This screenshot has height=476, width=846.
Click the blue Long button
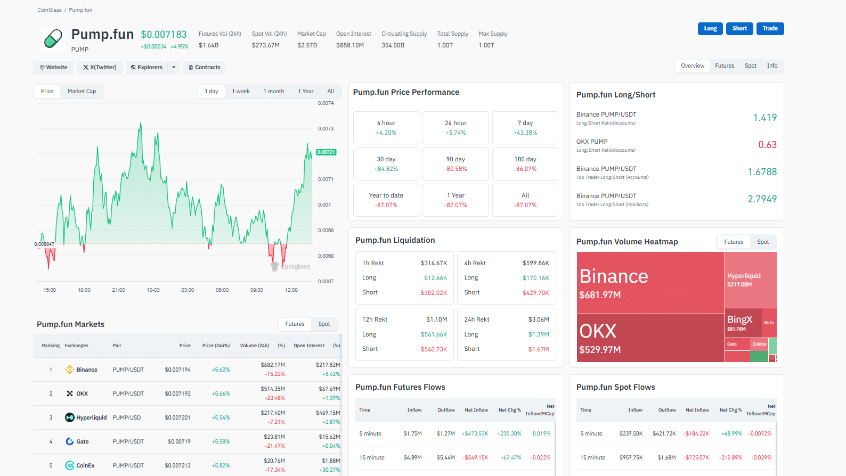point(710,29)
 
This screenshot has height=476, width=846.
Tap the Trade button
point(770,29)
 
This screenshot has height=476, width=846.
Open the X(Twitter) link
point(100,68)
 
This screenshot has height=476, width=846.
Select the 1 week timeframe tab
point(241,92)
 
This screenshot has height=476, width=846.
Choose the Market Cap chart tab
point(82,92)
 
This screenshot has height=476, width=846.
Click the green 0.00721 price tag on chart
point(326,152)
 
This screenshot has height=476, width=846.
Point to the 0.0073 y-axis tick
point(326,129)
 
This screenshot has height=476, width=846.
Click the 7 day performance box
point(525,128)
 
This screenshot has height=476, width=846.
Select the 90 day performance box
point(455,164)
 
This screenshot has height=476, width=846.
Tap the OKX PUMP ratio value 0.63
point(767,145)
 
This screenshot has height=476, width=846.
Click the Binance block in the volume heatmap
point(650,283)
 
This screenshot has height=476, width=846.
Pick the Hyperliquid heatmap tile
point(750,280)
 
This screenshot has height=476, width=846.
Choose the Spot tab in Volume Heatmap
point(763,242)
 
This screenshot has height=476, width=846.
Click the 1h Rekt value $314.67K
point(434,263)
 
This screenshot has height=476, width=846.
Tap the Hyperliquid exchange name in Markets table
point(91,418)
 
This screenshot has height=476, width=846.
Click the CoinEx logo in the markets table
point(70,465)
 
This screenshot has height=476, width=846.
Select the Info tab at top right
point(772,66)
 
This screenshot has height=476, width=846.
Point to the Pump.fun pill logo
point(53,38)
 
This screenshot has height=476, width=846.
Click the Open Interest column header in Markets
point(308,346)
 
